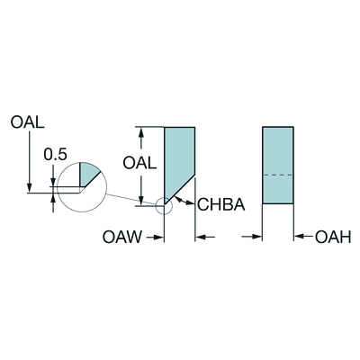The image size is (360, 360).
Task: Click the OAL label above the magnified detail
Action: point(27,122)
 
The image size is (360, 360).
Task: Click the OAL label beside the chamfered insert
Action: point(139,164)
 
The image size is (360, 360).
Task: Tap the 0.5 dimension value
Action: point(56,155)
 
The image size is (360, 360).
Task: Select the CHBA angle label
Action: point(221,204)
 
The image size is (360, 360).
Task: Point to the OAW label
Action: point(122,237)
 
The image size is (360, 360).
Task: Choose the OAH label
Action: point(333,238)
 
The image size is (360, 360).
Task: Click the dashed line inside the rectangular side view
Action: point(278,175)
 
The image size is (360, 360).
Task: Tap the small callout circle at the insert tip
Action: point(165,206)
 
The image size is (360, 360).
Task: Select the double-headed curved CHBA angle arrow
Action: point(183,201)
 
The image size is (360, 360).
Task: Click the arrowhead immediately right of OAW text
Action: point(158,238)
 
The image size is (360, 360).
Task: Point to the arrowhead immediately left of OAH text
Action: point(299,237)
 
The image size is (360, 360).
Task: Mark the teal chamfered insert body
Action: point(179,159)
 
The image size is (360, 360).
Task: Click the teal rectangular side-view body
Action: point(278,166)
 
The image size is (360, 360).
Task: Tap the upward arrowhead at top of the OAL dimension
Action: point(141,132)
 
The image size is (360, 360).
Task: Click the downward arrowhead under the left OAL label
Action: point(30,187)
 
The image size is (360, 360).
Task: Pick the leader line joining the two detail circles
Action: point(131,200)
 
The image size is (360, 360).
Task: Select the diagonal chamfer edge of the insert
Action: point(180,190)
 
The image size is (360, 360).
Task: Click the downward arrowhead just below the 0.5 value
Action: point(53,182)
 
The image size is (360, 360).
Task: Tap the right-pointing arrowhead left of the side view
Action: point(257,237)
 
